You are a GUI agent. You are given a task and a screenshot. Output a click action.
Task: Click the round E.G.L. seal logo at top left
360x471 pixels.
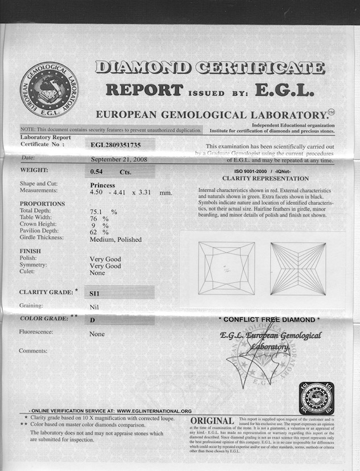point(49,89)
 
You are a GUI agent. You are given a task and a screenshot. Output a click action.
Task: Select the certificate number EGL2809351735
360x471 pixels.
point(115,145)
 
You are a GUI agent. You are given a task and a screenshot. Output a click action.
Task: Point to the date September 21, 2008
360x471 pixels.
point(118,160)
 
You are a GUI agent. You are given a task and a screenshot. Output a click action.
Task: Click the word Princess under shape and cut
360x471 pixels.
point(103,185)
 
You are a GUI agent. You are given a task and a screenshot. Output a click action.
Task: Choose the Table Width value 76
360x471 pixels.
point(94,218)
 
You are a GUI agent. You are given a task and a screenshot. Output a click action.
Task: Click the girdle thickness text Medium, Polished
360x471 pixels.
point(116,239)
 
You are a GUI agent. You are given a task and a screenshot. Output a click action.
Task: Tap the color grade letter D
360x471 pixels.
point(92,321)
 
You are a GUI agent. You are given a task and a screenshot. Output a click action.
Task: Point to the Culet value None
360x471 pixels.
point(97,273)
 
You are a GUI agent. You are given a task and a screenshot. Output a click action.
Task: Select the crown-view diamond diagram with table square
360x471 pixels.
point(226,268)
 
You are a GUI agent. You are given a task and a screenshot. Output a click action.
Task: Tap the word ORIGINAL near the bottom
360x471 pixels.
point(212,421)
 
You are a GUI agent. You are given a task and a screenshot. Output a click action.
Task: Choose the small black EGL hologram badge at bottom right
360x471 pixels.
point(316,398)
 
